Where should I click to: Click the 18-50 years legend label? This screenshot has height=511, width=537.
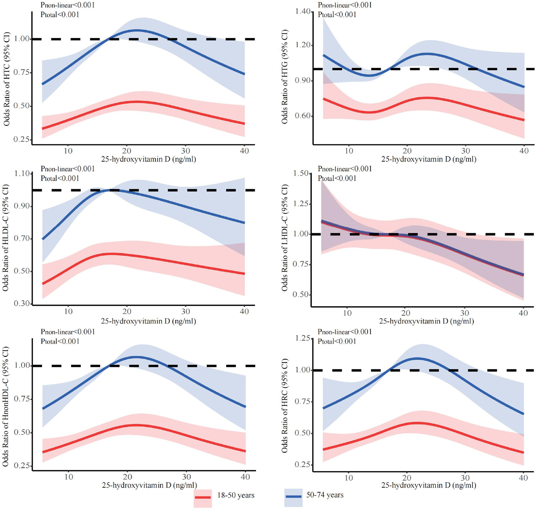tap(235, 495)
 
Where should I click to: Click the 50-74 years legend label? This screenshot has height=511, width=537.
tap(325, 495)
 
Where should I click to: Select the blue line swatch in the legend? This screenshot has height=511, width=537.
tap(293, 496)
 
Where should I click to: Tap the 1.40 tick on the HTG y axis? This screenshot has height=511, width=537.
tap(303, 12)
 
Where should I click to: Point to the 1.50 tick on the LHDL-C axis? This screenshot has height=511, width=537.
tap(301, 173)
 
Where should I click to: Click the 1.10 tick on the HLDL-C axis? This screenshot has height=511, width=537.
tap(22, 174)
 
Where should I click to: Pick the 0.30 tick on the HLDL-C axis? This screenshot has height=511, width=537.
tap(22, 303)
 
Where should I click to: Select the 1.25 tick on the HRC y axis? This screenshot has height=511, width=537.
tap(303, 338)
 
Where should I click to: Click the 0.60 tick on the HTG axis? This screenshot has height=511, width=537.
tap(303, 116)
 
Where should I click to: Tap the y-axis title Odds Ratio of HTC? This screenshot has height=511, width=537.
tap(7, 79)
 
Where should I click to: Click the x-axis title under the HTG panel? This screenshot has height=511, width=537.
tap(429, 159)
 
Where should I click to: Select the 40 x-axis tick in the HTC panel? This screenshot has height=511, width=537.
tap(244, 151)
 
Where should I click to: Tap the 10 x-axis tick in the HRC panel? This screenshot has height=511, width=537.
tap(349, 478)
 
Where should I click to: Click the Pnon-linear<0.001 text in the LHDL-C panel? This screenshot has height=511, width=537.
tap(345, 169)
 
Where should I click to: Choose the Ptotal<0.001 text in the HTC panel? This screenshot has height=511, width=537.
tap(60, 15)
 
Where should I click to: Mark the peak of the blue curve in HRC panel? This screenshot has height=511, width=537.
tap(417, 358)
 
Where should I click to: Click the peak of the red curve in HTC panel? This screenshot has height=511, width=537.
tap(136, 102)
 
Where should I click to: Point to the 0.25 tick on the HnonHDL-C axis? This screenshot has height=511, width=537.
tap(22, 466)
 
